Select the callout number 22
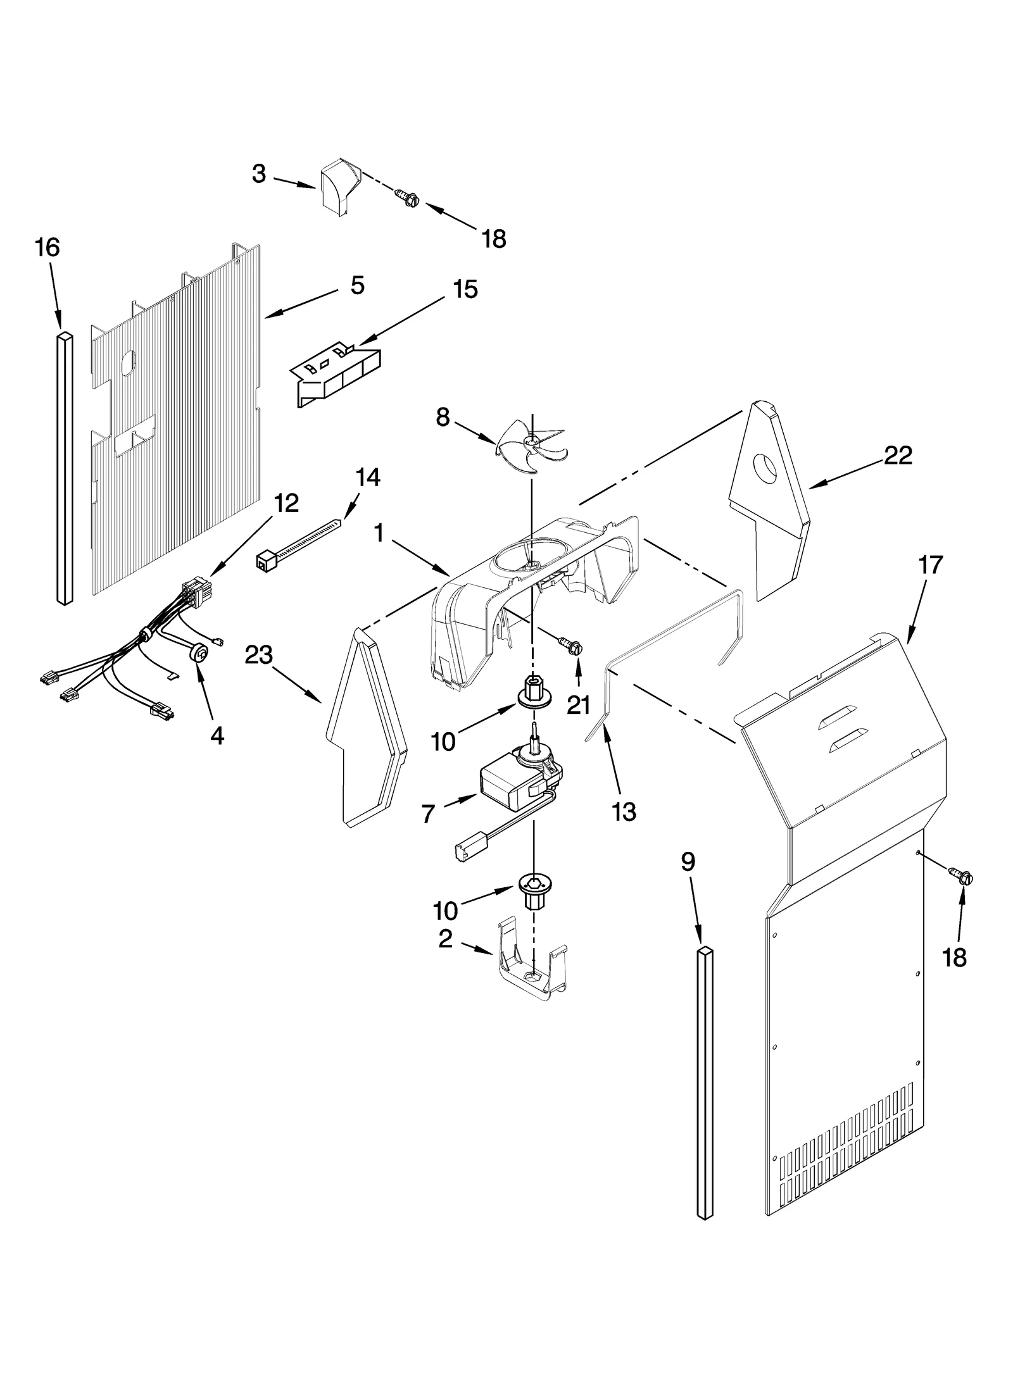(898, 455)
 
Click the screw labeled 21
(574, 646)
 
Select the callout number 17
(931, 565)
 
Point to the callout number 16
(47, 247)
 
